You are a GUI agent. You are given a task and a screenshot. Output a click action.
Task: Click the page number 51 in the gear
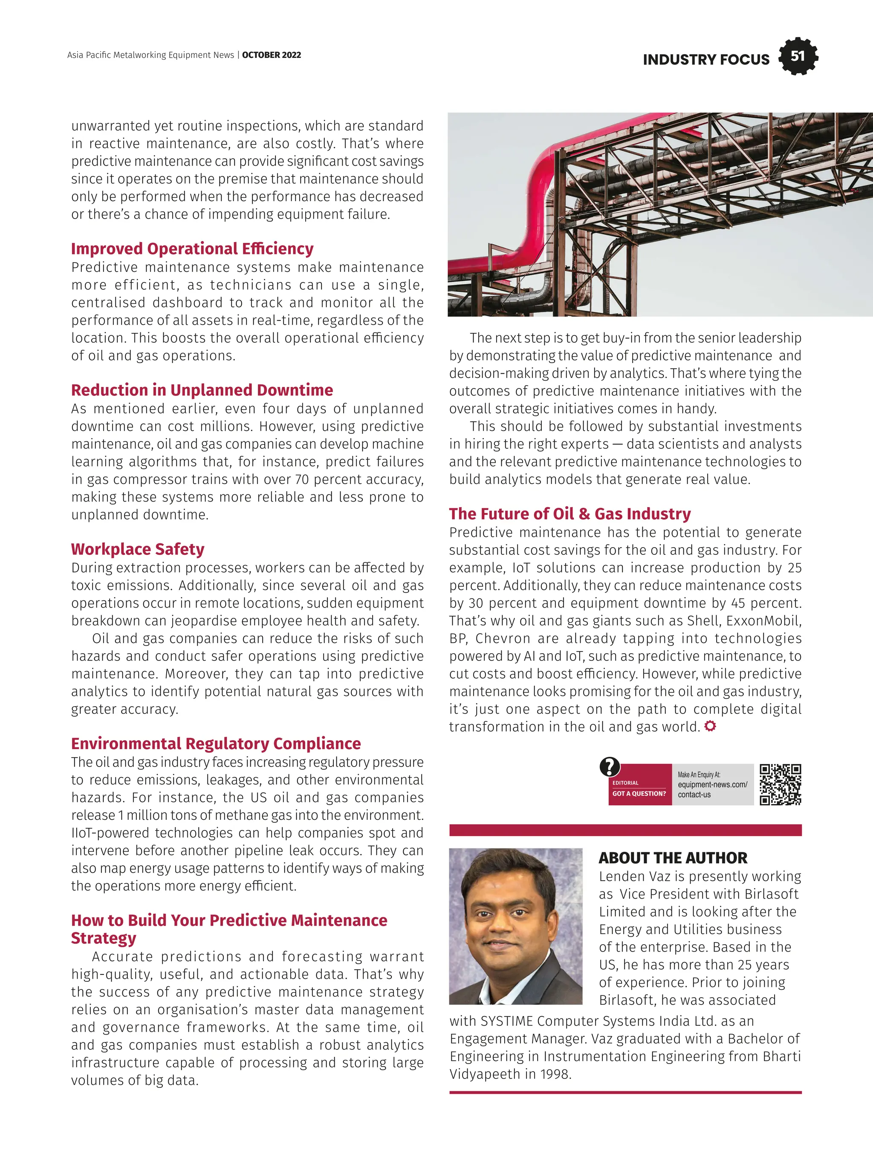[x=798, y=56]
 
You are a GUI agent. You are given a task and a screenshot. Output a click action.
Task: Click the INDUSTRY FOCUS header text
[x=705, y=60]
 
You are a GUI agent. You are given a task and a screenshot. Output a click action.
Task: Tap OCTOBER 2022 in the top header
[x=272, y=55]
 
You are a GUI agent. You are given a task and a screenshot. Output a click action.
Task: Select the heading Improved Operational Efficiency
[x=192, y=248]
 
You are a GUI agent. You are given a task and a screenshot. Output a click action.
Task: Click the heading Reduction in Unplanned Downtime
[x=202, y=390]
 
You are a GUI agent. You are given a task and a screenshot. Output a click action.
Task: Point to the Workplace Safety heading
[x=138, y=549]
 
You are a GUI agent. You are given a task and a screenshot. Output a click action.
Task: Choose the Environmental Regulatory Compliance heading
[x=216, y=743]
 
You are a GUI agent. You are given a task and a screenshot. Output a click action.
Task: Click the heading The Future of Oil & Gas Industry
[x=569, y=513]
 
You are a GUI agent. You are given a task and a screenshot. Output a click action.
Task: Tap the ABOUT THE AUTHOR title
[x=673, y=857]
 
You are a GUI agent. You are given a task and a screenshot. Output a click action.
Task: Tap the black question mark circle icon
[x=610, y=767]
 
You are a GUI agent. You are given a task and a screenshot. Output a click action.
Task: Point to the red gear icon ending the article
[x=710, y=726]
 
